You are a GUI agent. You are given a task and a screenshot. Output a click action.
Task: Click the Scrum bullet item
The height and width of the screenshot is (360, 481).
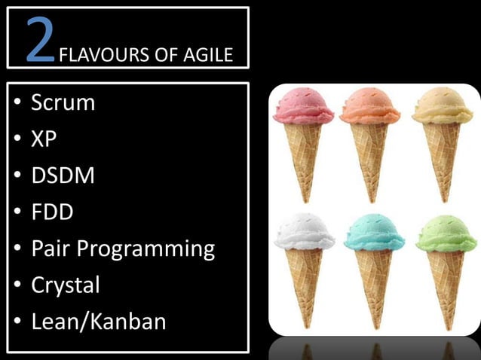pyautogui.click(x=63, y=103)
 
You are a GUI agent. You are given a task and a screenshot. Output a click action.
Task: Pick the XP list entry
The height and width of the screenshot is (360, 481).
pyautogui.click(x=44, y=139)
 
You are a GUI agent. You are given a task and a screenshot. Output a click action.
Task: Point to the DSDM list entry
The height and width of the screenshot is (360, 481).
pyautogui.click(x=63, y=176)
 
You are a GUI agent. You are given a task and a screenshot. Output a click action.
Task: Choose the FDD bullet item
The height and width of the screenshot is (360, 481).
pyautogui.click(x=52, y=212)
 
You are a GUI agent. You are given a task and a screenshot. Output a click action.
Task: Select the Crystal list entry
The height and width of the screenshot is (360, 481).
pyautogui.click(x=65, y=285)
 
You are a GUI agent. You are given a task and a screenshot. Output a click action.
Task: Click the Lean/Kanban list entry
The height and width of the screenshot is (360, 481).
pyautogui.click(x=98, y=322)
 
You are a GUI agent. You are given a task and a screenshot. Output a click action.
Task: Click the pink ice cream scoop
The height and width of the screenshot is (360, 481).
pyautogui.click(x=303, y=107)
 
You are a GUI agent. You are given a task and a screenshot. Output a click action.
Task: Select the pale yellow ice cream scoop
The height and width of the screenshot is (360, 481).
pyautogui.click(x=443, y=107)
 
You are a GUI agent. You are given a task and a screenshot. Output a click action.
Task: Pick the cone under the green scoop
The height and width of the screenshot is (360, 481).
pyautogui.click(x=446, y=282)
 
